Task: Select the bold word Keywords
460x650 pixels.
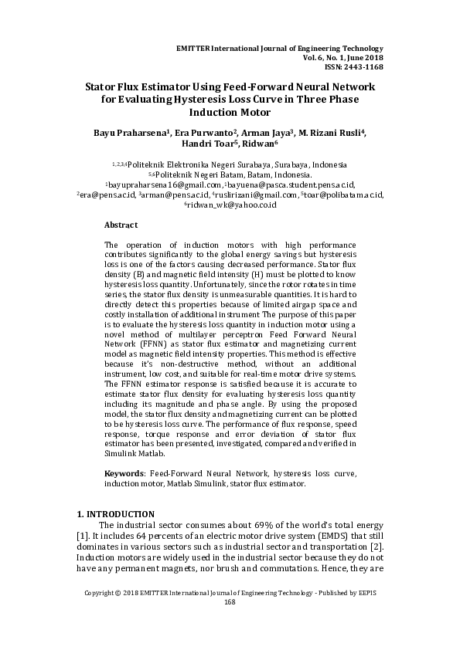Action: [124, 472]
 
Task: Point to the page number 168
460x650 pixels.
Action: [230, 602]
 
